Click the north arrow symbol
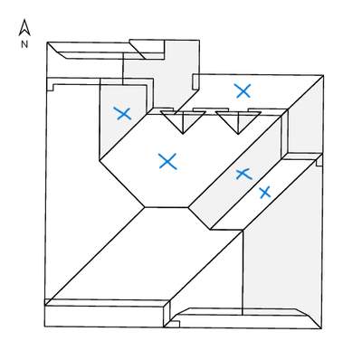point(24,28)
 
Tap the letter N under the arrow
point(24,44)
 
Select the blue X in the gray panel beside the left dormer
point(122,113)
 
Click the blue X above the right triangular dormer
point(243,91)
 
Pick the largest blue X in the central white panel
point(167,161)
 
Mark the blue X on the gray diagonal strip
point(243,174)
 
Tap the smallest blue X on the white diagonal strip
point(265,193)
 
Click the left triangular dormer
point(183,119)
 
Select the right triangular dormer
point(238,120)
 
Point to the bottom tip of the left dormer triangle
point(183,134)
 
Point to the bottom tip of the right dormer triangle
point(238,134)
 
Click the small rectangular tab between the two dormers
point(211,109)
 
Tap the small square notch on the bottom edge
point(174,324)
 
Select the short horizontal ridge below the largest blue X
point(167,207)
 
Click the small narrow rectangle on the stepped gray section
point(195,82)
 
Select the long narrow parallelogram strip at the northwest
point(97,51)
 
